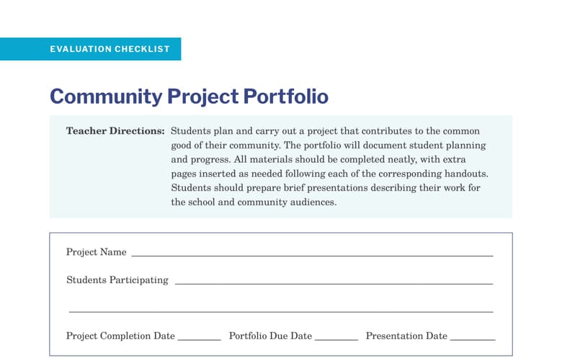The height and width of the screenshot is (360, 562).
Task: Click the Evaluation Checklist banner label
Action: [110, 49]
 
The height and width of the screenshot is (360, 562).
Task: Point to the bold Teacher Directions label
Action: [115, 132]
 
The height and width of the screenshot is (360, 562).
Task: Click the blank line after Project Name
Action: [312, 256]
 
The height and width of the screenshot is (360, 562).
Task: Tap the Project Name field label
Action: [96, 252]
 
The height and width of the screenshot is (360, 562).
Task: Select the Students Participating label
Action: [117, 280]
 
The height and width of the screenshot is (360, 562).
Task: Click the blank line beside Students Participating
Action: [334, 284]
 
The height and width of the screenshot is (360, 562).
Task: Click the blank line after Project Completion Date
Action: [199, 339]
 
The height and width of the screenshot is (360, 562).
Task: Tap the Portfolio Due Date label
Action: [270, 336]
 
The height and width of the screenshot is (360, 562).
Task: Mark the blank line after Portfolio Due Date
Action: [336, 339]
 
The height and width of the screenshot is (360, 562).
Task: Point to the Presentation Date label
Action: [406, 336]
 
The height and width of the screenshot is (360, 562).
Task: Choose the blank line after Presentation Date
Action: [473, 339]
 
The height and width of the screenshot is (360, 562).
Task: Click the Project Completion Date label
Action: [120, 336]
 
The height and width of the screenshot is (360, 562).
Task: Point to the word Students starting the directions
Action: [190, 132]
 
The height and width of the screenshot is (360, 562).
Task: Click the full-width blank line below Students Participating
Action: [281, 312]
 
